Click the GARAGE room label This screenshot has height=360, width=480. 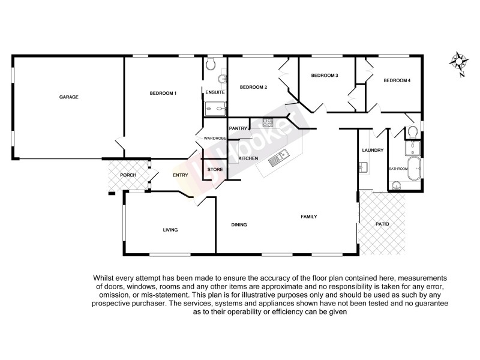[x=69, y=97]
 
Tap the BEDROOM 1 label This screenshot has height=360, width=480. [x=163, y=93]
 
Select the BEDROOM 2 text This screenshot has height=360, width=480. [x=253, y=88]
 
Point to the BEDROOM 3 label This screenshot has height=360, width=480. [x=325, y=76]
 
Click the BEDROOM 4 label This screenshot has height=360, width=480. [x=397, y=80]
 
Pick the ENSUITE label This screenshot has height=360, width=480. [x=215, y=92]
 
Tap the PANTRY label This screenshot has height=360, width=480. [x=238, y=128]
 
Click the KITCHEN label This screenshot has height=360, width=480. [x=248, y=158]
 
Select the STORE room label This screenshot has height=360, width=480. [x=215, y=170]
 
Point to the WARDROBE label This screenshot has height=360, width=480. [x=214, y=139]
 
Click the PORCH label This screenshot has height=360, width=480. [x=128, y=175]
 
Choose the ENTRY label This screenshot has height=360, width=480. [x=181, y=175]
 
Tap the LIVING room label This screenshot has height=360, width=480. [x=170, y=230]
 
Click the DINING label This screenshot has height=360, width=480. [x=239, y=225]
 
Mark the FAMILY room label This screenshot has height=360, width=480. [x=308, y=217]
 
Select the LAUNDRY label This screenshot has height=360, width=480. [x=373, y=150]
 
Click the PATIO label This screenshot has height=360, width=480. [x=382, y=224]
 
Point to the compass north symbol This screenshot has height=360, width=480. [x=460, y=62]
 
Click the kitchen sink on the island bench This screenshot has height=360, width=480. [x=278, y=158]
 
